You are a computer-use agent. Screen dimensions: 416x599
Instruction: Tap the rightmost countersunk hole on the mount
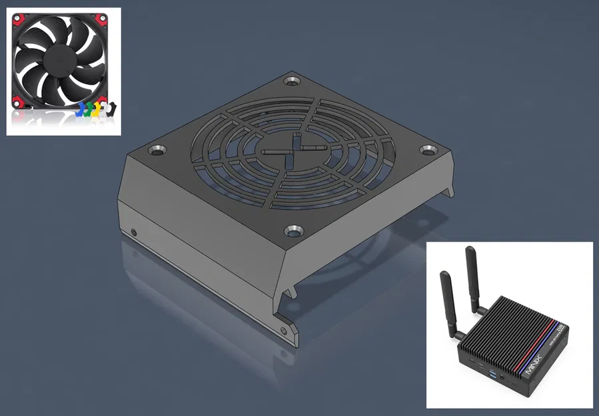click(x=427, y=150)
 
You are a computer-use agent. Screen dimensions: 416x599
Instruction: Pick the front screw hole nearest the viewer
click(x=291, y=230)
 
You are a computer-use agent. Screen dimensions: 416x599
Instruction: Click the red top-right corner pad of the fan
click(x=103, y=18)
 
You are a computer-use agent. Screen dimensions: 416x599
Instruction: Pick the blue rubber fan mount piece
click(x=83, y=110)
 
